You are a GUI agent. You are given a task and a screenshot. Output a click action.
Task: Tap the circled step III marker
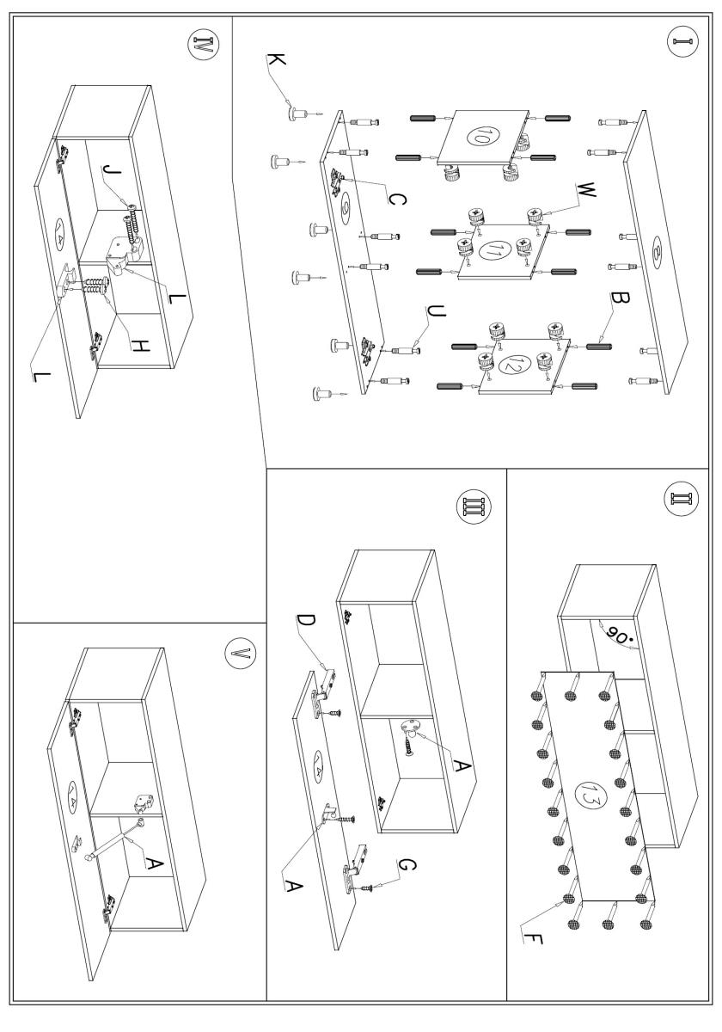473,507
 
